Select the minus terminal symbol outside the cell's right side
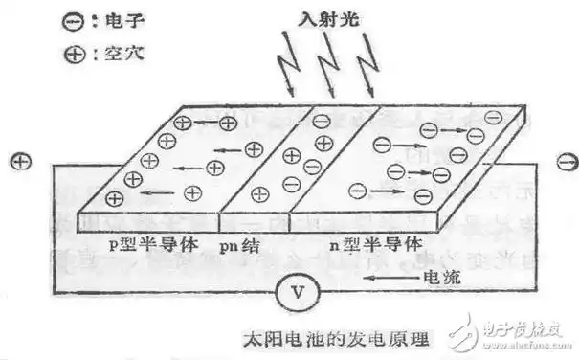[564, 159]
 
